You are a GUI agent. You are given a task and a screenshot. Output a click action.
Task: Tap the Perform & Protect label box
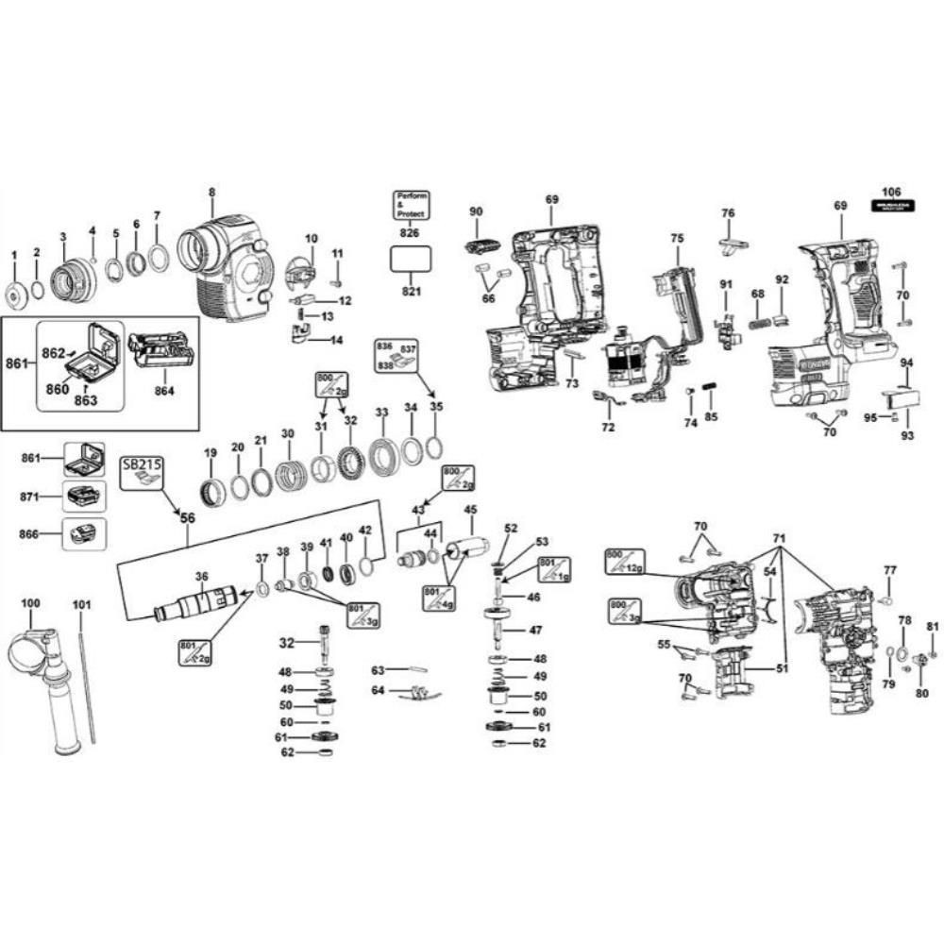point(412,205)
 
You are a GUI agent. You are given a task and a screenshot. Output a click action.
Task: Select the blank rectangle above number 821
point(412,261)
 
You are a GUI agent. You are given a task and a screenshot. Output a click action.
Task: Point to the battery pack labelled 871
point(83,496)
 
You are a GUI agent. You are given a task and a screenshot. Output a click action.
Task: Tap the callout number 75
point(676,239)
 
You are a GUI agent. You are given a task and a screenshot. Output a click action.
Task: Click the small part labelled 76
point(733,246)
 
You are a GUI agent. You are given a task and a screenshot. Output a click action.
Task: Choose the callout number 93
point(908,436)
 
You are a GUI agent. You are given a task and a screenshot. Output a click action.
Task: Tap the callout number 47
point(534,630)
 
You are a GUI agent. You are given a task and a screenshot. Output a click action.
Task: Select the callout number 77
point(889,570)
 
